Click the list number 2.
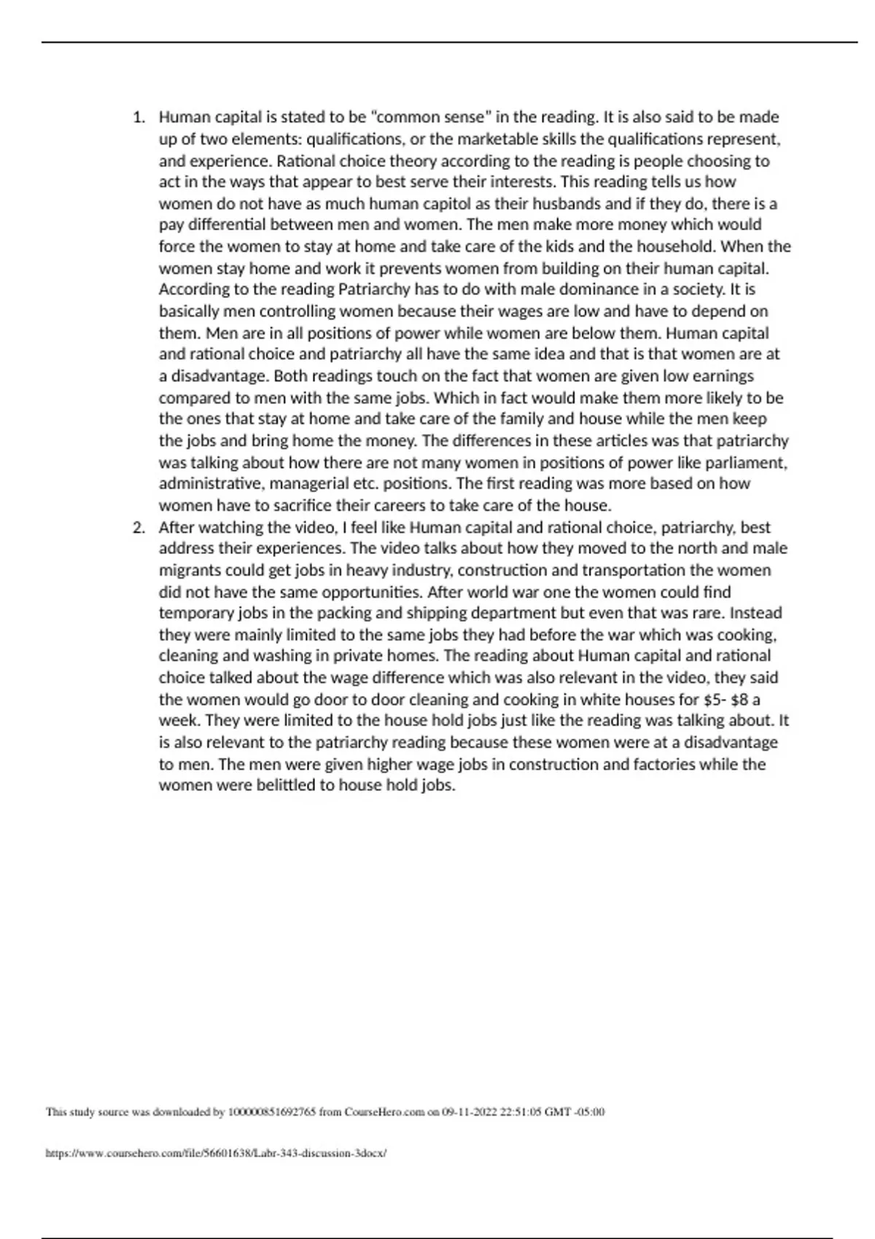(x=138, y=528)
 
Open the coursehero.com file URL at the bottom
(x=216, y=1154)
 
